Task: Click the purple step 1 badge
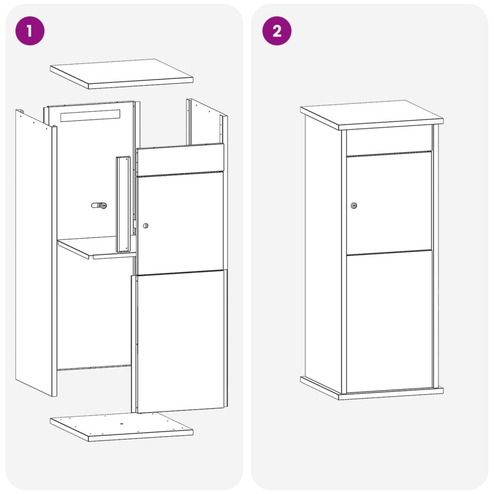pos(30,31)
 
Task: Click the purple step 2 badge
pos(277,31)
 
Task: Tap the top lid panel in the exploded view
pos(122,74)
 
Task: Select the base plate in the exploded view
pos(122,427)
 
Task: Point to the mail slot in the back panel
pos(90,116)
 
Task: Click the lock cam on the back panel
pos(99,206)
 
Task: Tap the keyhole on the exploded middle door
pos(145,226)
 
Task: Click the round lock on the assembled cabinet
pos(354,206)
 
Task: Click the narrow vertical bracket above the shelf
pos(123,204)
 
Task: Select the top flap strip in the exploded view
pos(180,160)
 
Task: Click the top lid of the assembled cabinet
pos(372,115)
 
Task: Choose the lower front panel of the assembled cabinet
pos(389,322)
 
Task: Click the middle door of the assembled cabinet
pos(389,203)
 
